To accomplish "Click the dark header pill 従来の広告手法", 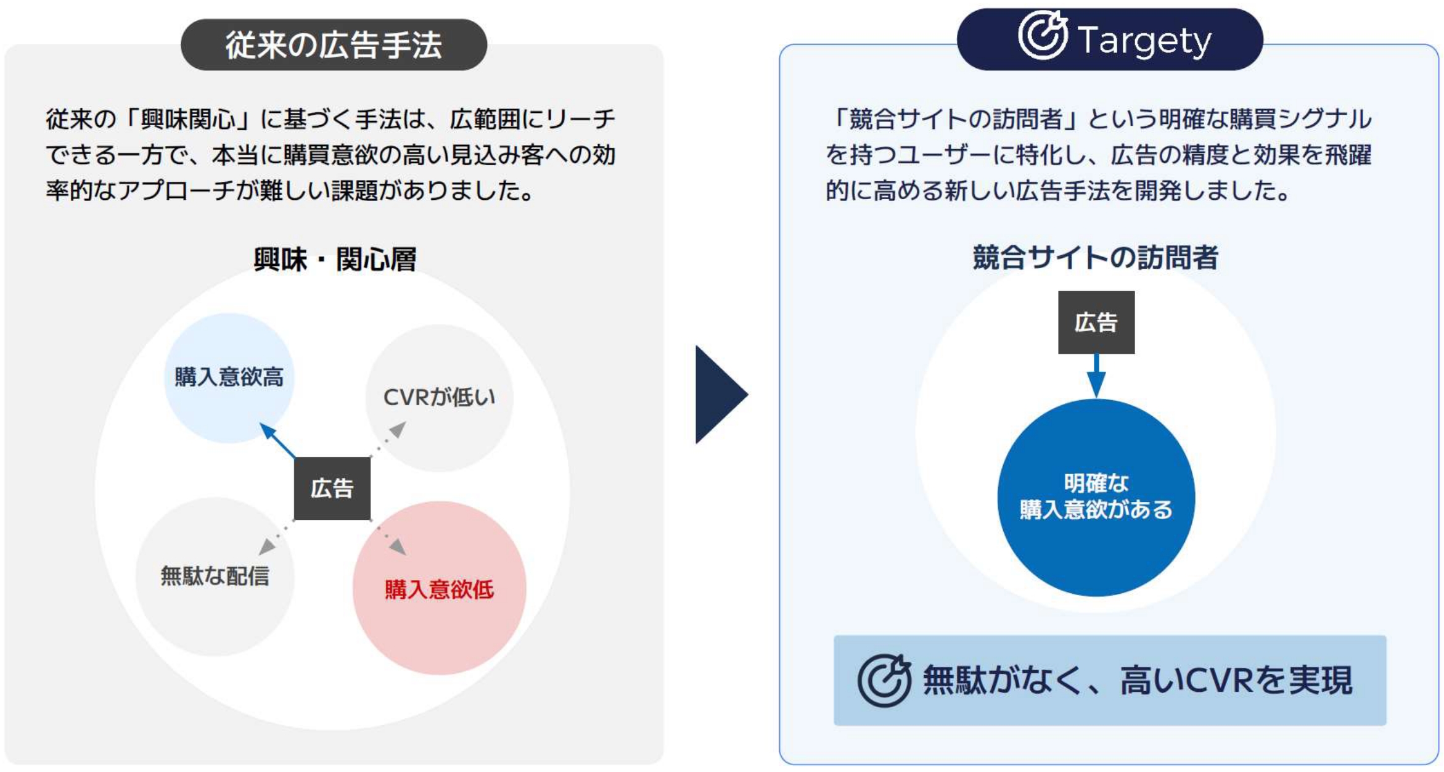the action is coord(334,44).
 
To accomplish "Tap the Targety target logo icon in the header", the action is coord(1042,35).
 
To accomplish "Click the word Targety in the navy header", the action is coord(1144,41).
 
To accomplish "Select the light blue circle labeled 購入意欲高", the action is coord(229,378).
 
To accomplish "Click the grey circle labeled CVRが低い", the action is coord(440,398).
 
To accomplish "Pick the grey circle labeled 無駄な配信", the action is coord(215,577).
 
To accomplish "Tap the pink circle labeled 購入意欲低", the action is coord(440,588).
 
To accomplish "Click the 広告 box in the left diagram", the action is coord(332,488).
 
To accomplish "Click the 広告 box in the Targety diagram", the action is coord(1096,322).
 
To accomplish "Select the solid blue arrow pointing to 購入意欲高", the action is coord(277,440).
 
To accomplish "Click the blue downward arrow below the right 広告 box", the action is coord(1096,376).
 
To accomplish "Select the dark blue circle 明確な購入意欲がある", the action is coord(1096,497).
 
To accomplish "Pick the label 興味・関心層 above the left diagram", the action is coord(335,259).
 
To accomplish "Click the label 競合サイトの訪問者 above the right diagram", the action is coord(1096,257).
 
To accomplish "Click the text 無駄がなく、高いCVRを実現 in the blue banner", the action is coord(1138,680).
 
